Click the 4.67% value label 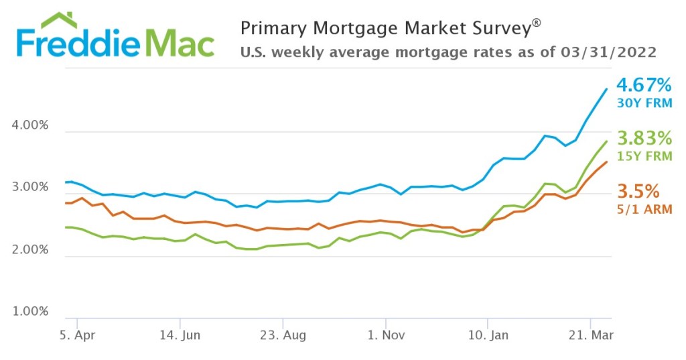tap(643, 86)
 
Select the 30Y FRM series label tap(644, 103)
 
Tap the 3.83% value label tap(644, 139)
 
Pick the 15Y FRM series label tap(644, 156)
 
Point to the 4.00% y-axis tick tap(31, 126)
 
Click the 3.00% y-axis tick tap(31, 188)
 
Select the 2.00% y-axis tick tap(31, 250)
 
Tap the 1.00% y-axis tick tap(31, 312)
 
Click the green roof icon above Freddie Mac tap(58, 20)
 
